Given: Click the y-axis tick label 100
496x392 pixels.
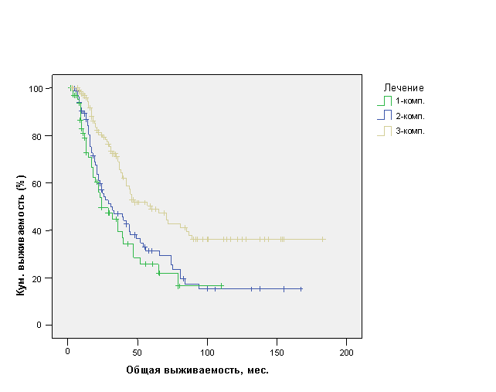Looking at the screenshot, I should [36, 89].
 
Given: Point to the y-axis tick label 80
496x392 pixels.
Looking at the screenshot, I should [39, 136].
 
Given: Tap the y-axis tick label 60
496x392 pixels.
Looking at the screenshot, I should [39, 183].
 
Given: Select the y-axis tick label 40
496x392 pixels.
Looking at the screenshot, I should [39, 230].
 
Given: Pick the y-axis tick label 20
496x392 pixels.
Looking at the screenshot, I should [39, 278].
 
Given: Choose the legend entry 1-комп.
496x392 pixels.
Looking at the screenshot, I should [410, 101].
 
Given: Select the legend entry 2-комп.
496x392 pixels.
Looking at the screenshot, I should [410, 116].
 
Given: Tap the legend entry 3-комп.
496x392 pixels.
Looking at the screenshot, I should [410, 131].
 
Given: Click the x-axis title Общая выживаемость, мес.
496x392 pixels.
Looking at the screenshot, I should [197, 370].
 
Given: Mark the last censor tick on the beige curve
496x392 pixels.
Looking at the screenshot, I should [323, 239].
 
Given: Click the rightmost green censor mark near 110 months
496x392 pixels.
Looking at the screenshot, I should [222, 285].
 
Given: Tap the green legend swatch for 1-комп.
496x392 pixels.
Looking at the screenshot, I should [382, 101].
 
